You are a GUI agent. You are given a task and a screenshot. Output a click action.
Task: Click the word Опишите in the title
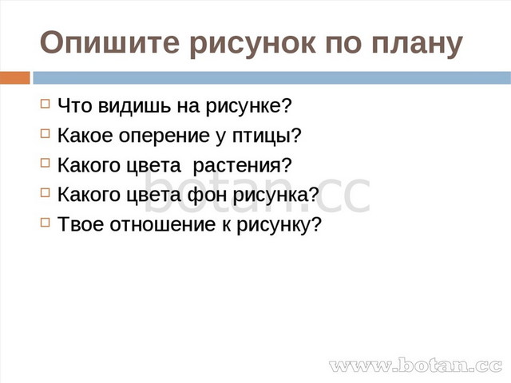point(109,42)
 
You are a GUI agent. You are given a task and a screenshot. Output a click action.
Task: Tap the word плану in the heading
point(417,45)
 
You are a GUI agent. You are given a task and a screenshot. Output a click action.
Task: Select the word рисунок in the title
point(253,45)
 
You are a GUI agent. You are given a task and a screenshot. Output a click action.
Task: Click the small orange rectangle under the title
point(14,78)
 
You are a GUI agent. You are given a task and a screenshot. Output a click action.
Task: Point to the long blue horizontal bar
point(271,78)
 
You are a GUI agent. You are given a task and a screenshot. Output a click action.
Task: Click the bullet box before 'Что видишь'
point(46,104)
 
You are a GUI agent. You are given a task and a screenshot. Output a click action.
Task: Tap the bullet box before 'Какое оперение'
point(46,133)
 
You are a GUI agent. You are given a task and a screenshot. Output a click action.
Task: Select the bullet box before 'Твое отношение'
point(46,223)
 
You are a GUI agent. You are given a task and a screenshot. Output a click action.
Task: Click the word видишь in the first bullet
point(135,106)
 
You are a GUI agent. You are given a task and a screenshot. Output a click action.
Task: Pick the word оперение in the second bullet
point(164,136)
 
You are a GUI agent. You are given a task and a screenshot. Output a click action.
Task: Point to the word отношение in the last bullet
point(163,225)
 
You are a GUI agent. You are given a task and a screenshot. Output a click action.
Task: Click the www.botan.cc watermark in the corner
point(415,365)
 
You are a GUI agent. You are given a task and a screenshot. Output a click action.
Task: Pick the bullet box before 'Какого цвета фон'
point(46,193)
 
